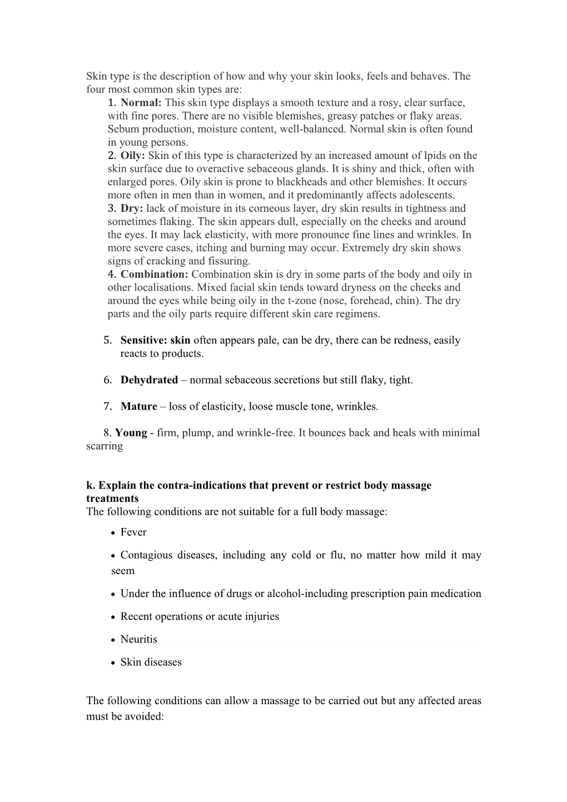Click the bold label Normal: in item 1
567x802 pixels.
[x=141, y=103]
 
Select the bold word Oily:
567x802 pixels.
[x=132, y=156]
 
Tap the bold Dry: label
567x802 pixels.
[x=132, y=208]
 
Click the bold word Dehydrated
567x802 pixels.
[x=149, y=380]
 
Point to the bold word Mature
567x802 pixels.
[x=138, y=407]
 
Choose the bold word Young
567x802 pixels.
[x=131, y=433]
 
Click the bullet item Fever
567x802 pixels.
[x=133, y=532]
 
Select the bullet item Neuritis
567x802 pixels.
[x=138, y=640]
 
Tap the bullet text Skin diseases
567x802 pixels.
[x=151, y=662]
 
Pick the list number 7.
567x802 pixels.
[x=107, y=407]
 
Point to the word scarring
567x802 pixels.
[x=104, y=446]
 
